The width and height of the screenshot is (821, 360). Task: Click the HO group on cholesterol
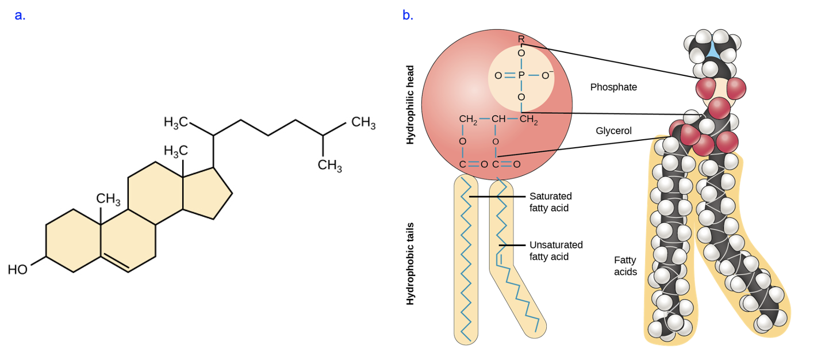click(18, 270)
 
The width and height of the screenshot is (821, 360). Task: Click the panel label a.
click(20, 16)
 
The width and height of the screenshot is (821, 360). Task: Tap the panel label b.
click(408, 16)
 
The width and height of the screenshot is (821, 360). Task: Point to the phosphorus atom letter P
click(521, 75)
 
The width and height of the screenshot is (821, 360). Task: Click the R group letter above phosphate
click(521, 39)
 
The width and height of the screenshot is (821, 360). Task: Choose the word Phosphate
click(613, 87)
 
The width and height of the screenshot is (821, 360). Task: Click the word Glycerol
click(613, 131)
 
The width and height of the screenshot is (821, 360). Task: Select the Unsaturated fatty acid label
click(556, 251)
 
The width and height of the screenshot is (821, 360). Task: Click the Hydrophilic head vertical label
click(410, 104)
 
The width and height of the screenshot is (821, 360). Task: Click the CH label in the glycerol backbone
click(498, 120)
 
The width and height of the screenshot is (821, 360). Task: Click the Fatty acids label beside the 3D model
click(626, 266)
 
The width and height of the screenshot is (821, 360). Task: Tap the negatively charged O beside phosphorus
click(546, 75)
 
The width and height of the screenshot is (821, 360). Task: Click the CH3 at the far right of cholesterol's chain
click(363, 123)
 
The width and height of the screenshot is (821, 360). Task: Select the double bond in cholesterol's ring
click(115, 263)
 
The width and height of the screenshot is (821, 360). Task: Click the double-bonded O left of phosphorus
click(498, 75)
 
